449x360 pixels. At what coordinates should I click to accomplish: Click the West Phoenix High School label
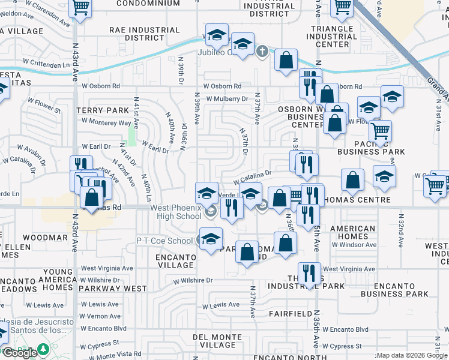point(176,212)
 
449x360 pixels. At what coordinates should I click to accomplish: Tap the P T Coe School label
point(164,241)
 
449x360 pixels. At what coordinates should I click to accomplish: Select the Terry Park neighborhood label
point(103,110)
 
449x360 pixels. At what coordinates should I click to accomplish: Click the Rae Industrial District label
point(145,34)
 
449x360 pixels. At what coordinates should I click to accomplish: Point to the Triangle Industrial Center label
point(332,37)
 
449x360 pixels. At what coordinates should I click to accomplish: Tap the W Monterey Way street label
point(106,122)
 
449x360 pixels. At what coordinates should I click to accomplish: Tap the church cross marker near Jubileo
point(262,52)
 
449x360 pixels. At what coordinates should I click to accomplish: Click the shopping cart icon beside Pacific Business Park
point(380,130)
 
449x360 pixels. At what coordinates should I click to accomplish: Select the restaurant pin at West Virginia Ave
point(309,272)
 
